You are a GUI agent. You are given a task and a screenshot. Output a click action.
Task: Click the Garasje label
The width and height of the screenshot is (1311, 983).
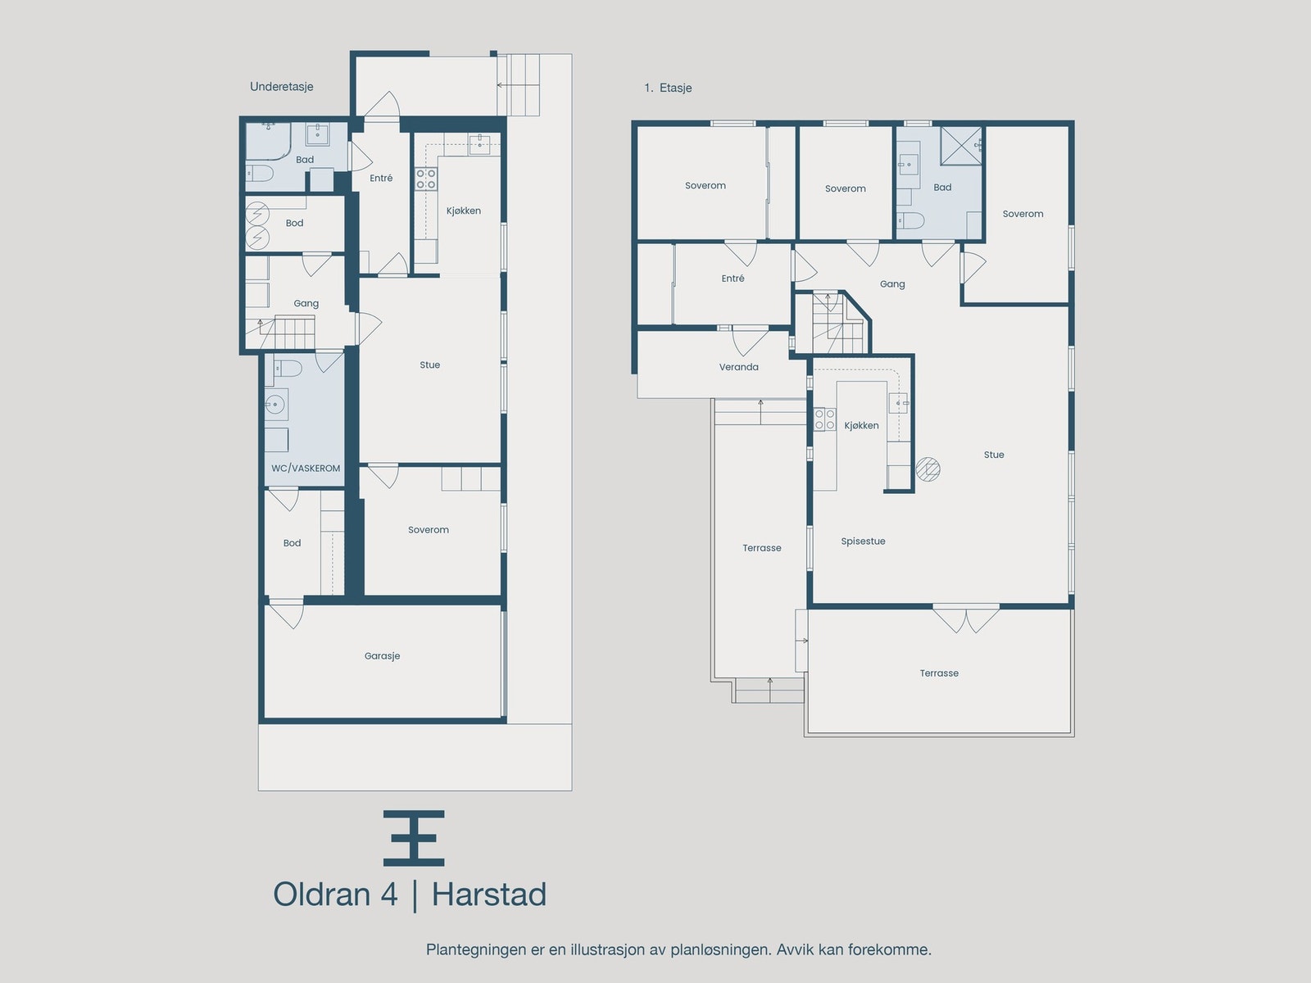coord(382,656)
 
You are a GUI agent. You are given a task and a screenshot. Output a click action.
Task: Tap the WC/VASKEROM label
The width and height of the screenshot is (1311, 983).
coord(306,469)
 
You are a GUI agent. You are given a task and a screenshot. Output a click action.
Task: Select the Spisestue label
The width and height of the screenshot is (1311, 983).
coord(863,541)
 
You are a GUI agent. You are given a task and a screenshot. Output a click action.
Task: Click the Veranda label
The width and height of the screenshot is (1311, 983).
coord(738,367)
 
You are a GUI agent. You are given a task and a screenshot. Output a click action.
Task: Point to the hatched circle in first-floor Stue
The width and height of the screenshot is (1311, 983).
coord(928,469)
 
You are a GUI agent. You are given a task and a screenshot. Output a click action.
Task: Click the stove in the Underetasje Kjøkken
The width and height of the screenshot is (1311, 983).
coord(425,179)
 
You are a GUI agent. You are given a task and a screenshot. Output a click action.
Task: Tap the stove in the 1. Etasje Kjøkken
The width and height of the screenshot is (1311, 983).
coord(824,420)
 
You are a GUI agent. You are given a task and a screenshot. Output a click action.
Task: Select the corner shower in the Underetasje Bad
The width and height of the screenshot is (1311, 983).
coord(269,139)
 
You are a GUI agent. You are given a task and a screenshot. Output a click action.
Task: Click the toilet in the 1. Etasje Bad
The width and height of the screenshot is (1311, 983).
coord(910,220)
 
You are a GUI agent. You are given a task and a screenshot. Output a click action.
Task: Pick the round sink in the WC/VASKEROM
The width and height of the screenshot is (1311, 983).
coord(274,404)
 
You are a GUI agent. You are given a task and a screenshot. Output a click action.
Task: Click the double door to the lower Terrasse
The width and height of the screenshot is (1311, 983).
coord(966,618)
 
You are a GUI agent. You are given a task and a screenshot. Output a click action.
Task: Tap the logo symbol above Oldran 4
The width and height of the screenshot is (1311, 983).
coord(414,838)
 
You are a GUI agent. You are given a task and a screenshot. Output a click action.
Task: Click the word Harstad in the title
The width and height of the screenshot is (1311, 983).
coord(488,895)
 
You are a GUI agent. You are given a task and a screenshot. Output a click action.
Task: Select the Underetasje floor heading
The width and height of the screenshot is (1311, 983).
coord(282,87)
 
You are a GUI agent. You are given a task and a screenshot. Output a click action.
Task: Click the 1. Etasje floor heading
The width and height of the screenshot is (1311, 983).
coord(668,88)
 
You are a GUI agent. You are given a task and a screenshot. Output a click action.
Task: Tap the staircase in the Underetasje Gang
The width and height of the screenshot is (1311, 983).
coord(293,333)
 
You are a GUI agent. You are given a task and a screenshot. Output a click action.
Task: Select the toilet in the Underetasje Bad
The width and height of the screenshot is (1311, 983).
coord(261,173)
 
